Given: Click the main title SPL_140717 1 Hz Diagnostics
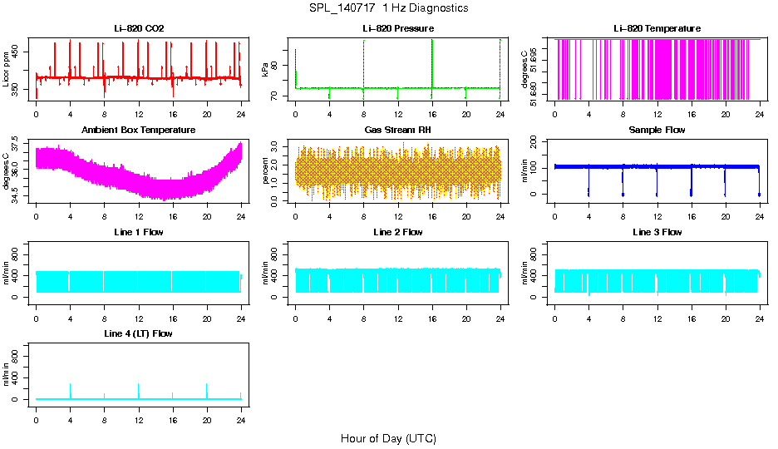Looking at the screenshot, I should point(388,7).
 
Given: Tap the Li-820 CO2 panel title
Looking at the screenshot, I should point(139,29).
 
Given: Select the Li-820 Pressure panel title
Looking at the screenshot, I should point(398,29).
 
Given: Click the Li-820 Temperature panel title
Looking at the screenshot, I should point(657,29).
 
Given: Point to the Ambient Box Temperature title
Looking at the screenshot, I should point(139,131).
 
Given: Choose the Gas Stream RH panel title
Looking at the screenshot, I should point(398,131).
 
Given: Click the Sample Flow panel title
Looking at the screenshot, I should point(657,131).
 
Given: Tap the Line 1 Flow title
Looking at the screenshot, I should point(139,232).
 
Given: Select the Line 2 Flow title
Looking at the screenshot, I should point(398,232).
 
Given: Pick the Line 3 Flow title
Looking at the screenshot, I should point(657,232).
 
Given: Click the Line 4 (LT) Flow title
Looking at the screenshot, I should point(139,333).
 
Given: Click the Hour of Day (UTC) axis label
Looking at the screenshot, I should point(388,438).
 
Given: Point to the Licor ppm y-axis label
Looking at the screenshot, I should point(7,69).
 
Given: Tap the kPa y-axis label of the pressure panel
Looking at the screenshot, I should point(266,69).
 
